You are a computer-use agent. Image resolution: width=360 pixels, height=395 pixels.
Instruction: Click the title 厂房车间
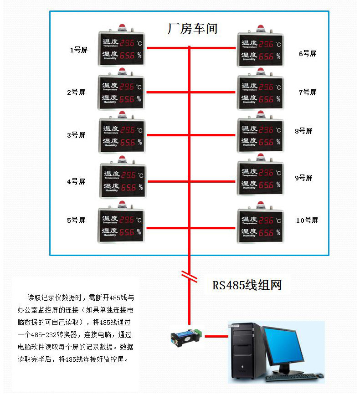click(193, 29)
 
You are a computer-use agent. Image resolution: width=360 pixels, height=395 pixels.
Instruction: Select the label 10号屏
click(307, 221)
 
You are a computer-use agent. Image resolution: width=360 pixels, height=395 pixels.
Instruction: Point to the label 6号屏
click(307, 53)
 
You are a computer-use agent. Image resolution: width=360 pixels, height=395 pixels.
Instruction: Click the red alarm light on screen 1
click(122, 26)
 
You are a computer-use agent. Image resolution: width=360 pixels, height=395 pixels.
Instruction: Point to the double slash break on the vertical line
click(189, 275)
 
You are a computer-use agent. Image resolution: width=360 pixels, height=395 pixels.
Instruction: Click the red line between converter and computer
click(216, 337)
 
